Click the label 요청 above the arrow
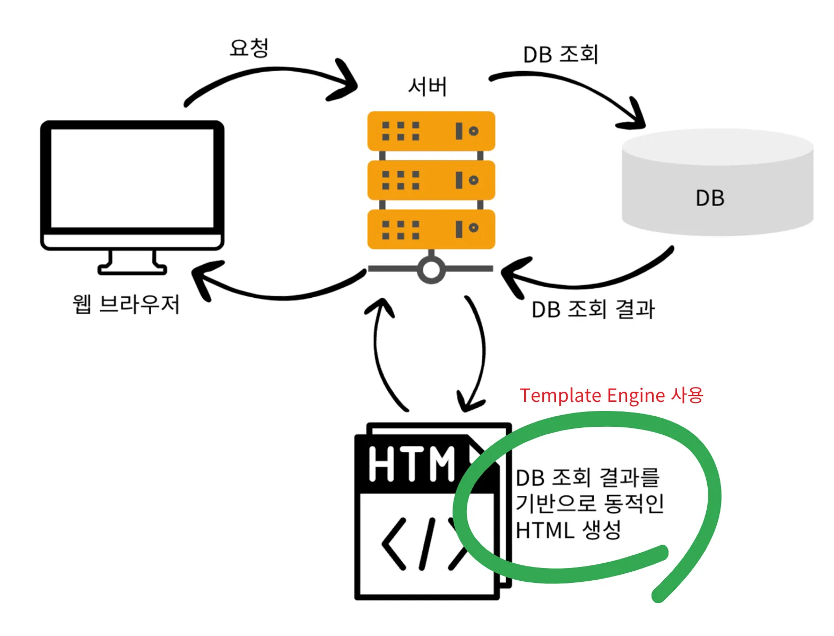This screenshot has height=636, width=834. (249, 48)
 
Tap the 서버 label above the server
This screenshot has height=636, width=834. (427, 86)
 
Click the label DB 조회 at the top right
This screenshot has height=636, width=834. (561, 54)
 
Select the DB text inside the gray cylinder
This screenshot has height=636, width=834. (710, 198)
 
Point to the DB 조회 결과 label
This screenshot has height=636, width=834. (593, 309)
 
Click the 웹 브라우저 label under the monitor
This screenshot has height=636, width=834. (126, 304)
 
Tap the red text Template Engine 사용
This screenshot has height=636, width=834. (611, 396)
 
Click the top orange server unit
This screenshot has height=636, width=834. (431, 131)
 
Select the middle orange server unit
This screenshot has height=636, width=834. (431, 180)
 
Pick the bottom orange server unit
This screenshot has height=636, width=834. (431, 229)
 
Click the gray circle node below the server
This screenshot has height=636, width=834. (431, 270)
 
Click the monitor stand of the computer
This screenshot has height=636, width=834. (132, 263)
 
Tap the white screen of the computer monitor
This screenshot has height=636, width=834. (132, 178)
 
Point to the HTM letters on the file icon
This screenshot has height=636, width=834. (412, 464)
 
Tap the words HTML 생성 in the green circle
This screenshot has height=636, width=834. (568, 530)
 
